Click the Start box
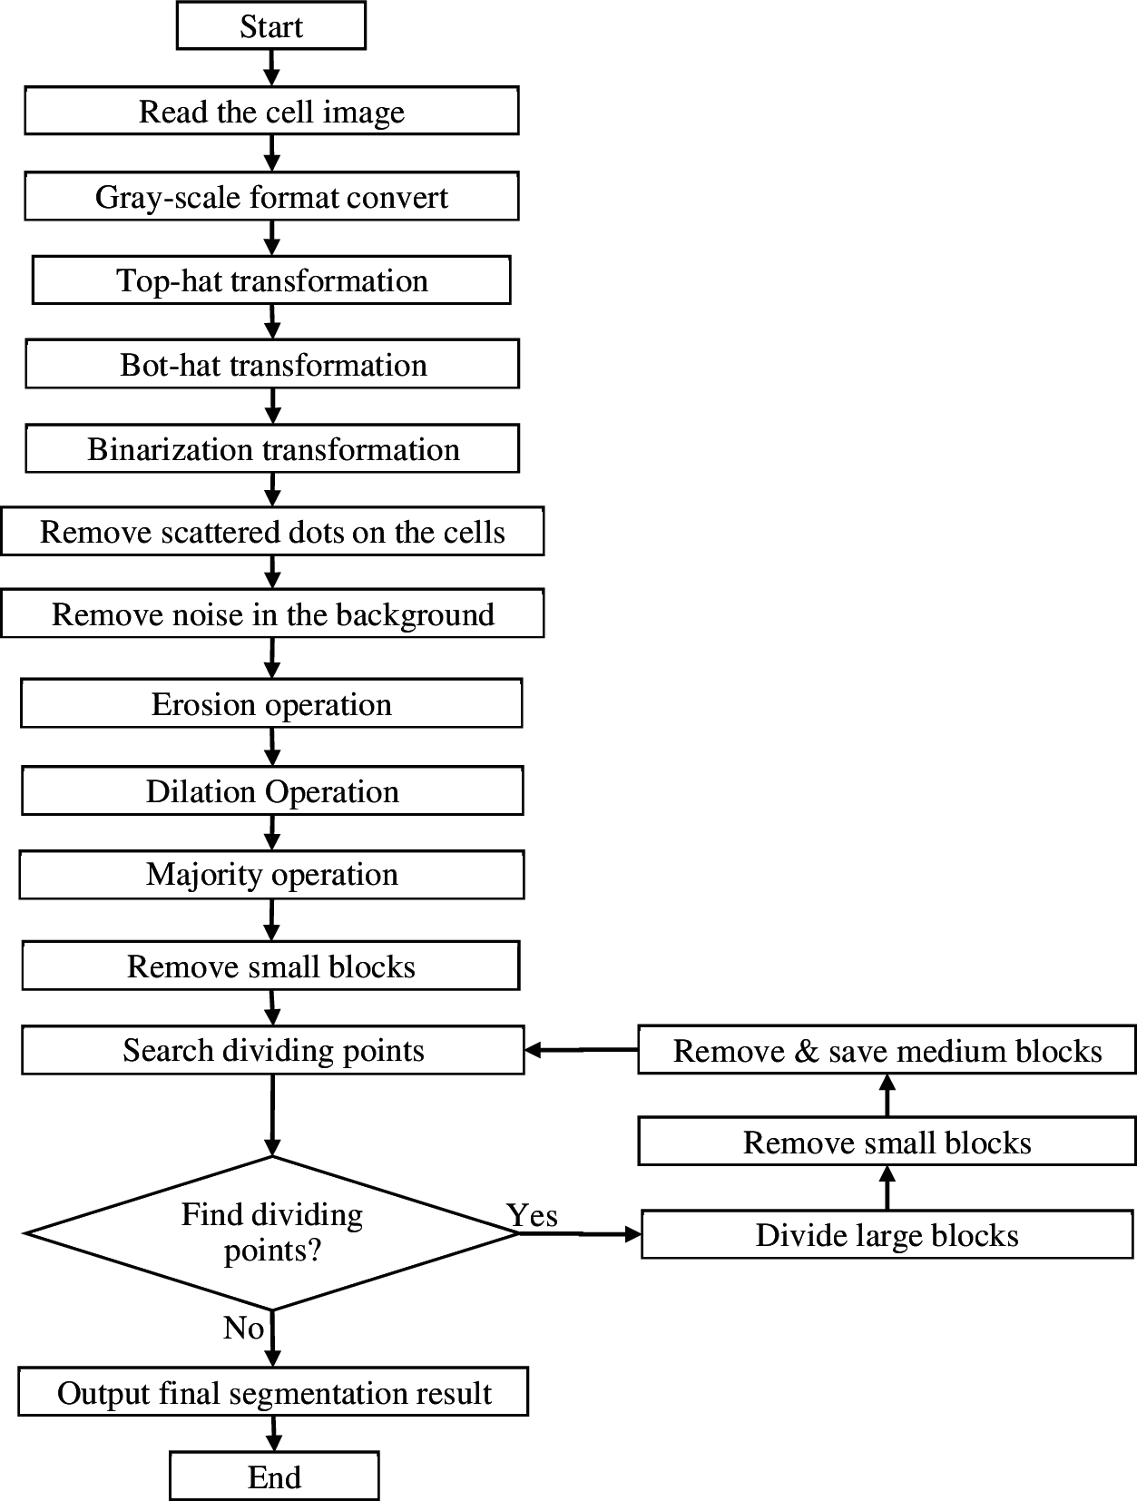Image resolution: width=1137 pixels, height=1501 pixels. pyautogui.click(x=270, y=26)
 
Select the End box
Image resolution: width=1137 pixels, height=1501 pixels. pyautogui.click(x=274, y=1476)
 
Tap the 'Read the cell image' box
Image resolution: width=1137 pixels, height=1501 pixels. pyautogui.click(x=271, y=112)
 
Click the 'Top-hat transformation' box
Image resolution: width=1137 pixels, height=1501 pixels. pyautogui.click(x=271, y=280)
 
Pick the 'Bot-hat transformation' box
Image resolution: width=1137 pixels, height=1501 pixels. pyautogui.click(x=272, y=365)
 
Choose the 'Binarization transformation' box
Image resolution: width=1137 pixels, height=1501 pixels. pyautogui.click(x=272, y=449)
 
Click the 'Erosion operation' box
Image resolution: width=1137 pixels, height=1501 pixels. pyautogui.click(x=271, y=704)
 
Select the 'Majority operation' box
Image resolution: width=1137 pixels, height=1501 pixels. pyautogui.click(x=271, y=875)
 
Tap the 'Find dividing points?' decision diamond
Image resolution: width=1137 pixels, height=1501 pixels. pyautogui.click(x=271, y=1232)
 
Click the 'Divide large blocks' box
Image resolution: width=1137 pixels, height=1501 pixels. pyautogui.click(x=887, y=1235)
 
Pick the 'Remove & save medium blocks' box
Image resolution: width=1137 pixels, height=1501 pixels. pyautogui.click(x=887, y=1051)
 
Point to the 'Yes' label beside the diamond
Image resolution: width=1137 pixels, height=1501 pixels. pyautogui.click(x=532, y=1215)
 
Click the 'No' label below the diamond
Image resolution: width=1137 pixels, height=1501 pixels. pyautogui.click(x=243, y=1328)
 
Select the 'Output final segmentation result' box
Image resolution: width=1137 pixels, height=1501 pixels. pyautogui.click(x=273, y=1393)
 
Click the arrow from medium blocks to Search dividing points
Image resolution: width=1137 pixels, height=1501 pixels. pyautogui.click(x=581, y=1050)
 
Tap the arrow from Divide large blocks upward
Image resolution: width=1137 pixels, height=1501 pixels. pyautogui.click(x=887, y=1187)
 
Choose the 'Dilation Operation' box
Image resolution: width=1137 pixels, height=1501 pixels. pyautogui.click(x=272, y=791)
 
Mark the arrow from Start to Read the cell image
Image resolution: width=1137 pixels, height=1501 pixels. pyautogui.click(x=271, y=67)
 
